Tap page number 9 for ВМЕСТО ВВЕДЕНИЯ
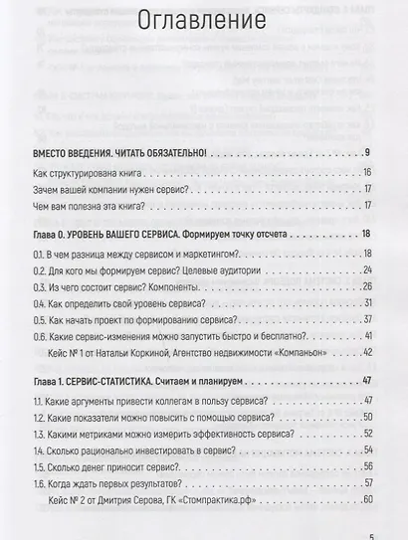pos(367,151)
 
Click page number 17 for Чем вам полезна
pos(366,206)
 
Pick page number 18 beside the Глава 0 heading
pos(365,233)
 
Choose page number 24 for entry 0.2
pos(365,270)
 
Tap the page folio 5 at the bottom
pos(370,533)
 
